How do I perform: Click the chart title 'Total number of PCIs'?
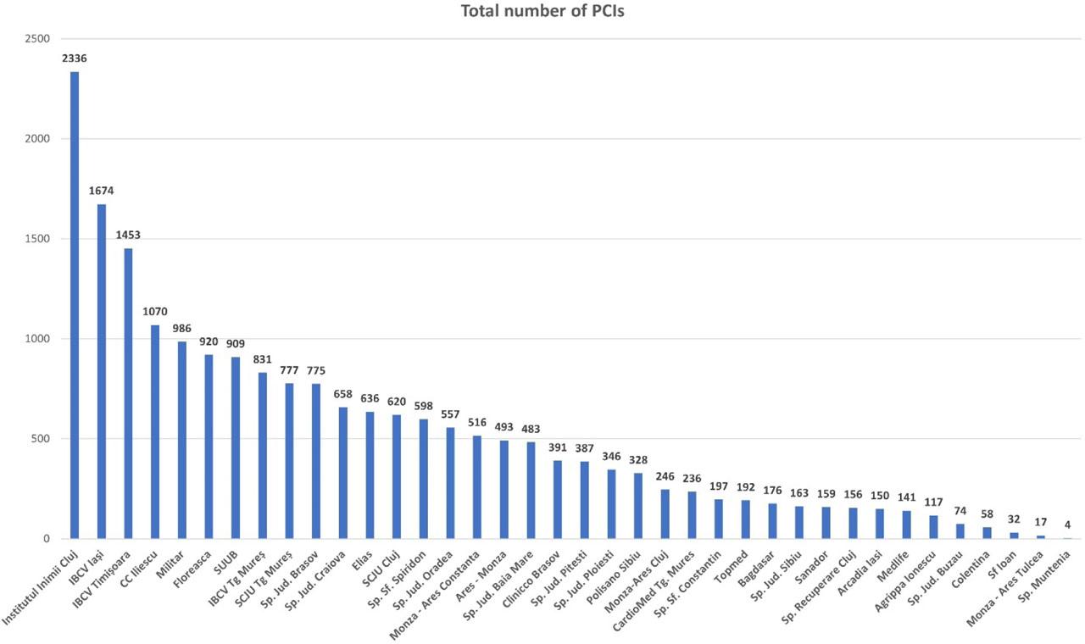click(x=542, y=12)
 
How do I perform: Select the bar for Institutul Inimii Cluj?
click(x=75, y=305)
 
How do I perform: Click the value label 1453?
click(x=128, y=235)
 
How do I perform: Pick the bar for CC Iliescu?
click(x=155, y=431)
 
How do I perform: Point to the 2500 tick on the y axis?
click(x=38, y=39)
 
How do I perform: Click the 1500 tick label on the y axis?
click(x=38, y=239)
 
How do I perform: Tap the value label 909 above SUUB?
click(x=236, y=343)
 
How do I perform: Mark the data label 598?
click(x=423, y=406)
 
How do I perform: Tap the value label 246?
click(x=665, y=476)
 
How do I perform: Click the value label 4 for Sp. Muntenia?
click(x=1067, y=525)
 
